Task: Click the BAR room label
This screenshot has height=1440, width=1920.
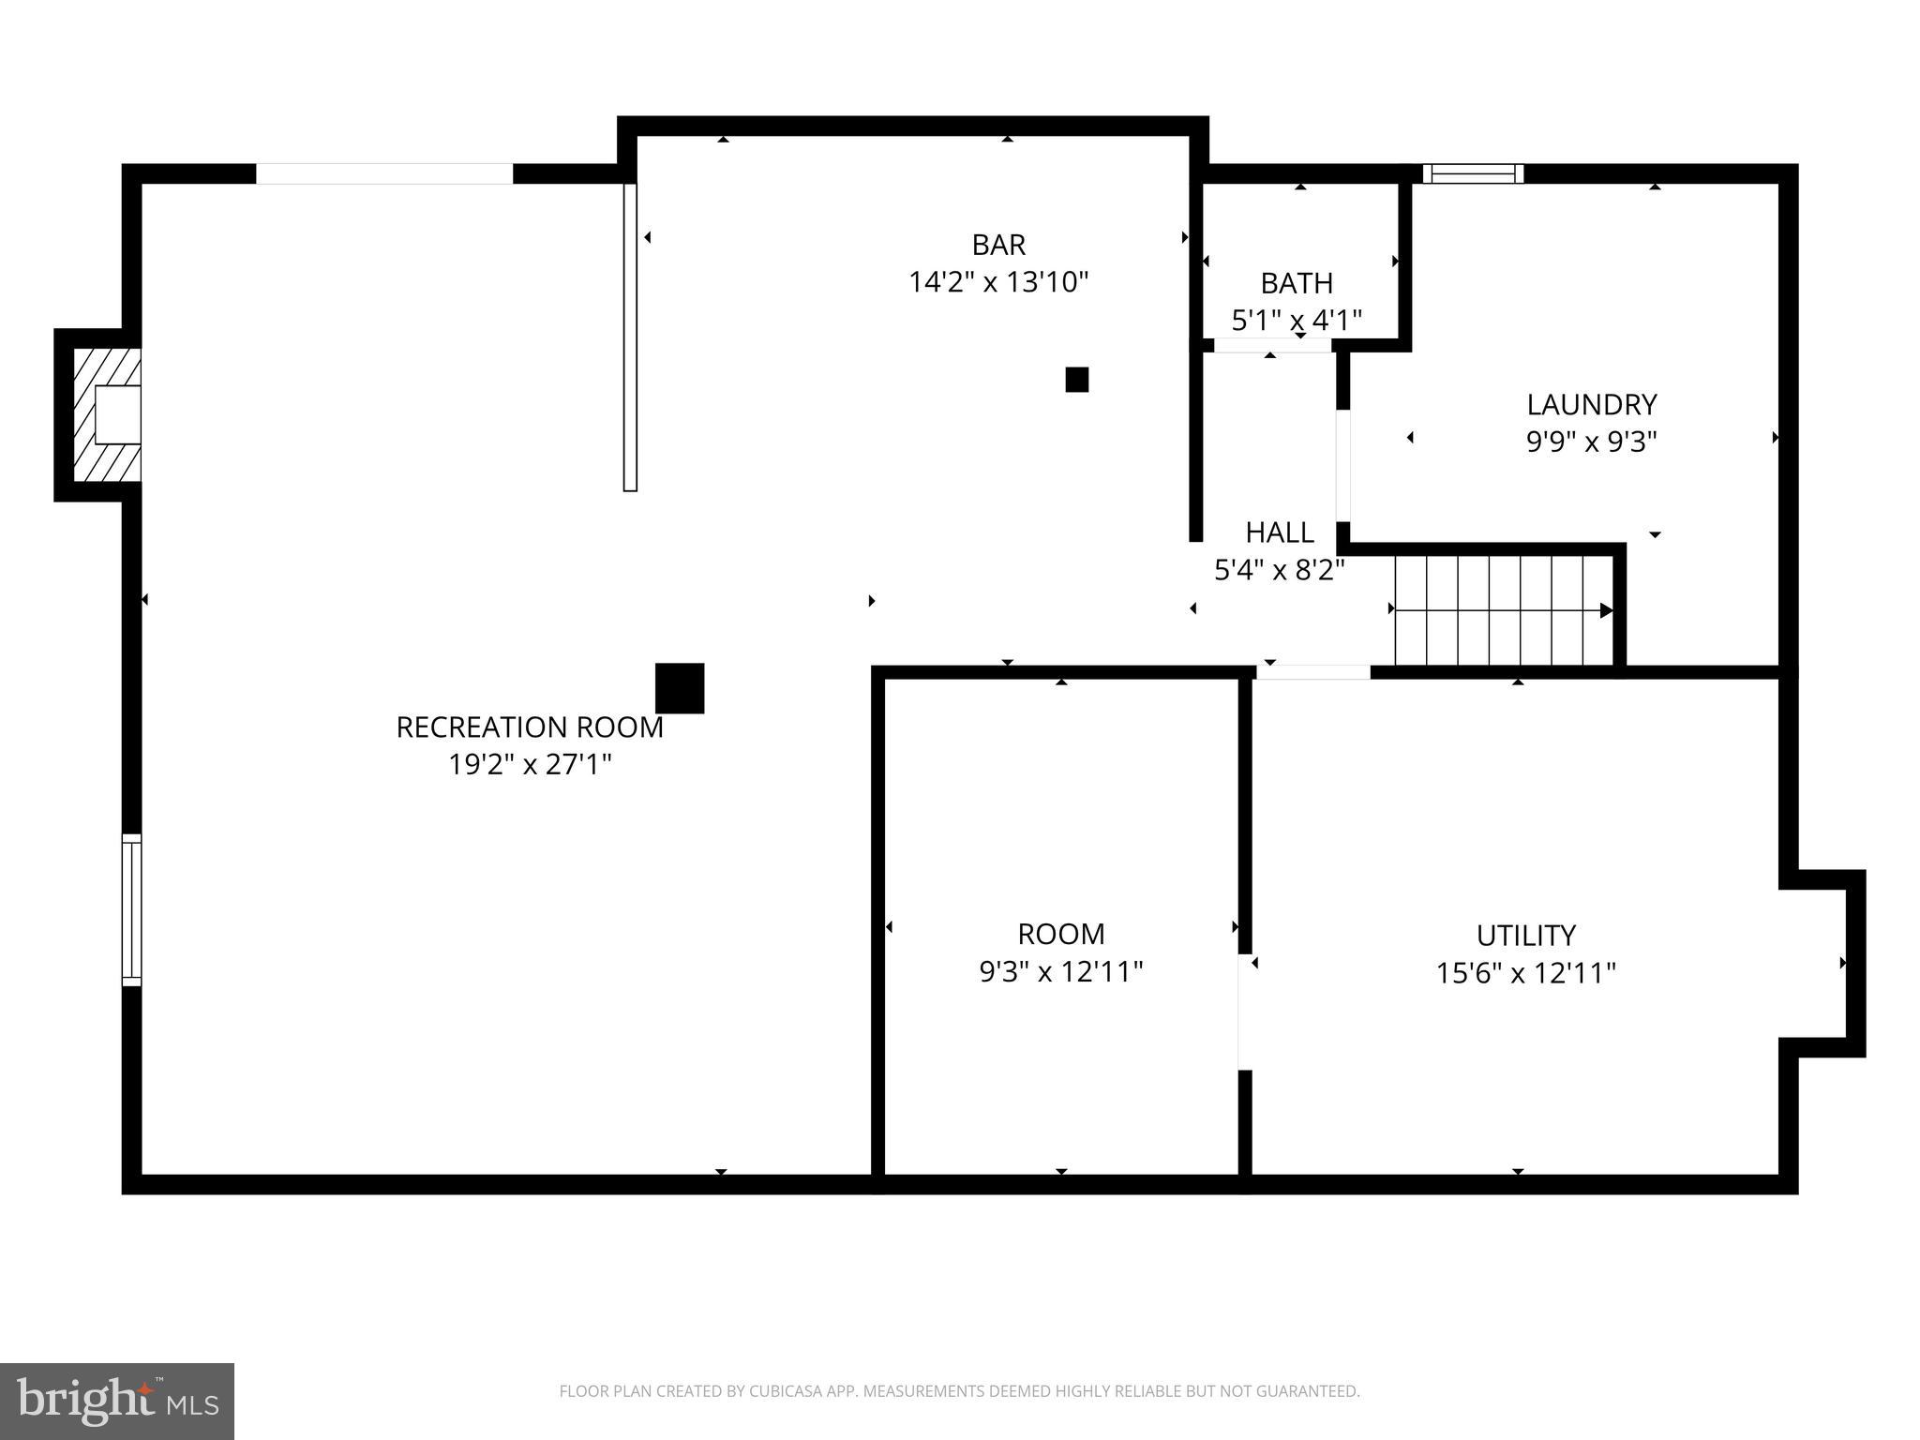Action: [998, 245]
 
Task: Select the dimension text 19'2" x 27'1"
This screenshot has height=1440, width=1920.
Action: [530, 765]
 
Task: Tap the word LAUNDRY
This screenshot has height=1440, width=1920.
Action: [1591, 405]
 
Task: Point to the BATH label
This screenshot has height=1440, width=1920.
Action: [1297, 283]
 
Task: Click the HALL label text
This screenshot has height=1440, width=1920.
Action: [1279, 532]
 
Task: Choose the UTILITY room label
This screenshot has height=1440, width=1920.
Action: [1525, 936]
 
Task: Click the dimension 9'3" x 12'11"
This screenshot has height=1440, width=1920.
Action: [1061, 972]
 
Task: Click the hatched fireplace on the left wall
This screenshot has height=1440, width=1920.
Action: [106, 414]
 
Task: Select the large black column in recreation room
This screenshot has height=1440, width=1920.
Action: [680, 688]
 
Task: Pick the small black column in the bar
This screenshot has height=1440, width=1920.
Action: [1076, 380]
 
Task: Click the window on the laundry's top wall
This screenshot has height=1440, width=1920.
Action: [1473, 173]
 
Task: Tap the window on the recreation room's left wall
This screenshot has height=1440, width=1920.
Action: [132, 909]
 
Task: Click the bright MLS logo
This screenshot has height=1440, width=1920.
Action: [117, 1401]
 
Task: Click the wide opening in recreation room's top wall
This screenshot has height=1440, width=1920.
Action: [384, 173]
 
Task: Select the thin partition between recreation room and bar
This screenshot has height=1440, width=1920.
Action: [630, 337]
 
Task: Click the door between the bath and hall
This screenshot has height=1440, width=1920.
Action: [1272, 346]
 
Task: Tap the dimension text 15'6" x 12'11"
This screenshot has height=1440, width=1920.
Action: [1525, 974]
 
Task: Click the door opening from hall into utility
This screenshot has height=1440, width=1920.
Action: [1312, 671]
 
